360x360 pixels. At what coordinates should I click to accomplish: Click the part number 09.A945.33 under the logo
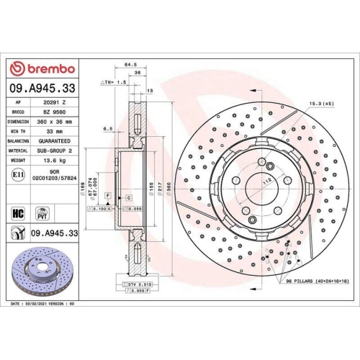42,88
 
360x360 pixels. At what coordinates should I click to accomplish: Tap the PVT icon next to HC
42,213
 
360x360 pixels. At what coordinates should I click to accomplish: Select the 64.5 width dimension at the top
131,64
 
